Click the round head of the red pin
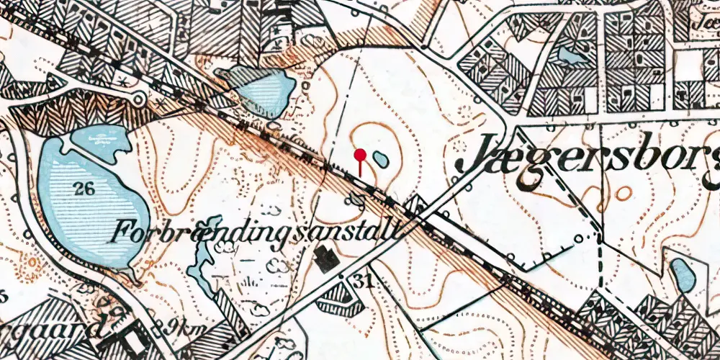click(360, 153)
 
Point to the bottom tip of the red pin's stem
click(360, 175)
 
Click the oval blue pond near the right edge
click(683, 275)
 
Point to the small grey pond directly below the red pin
click(355, 199)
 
